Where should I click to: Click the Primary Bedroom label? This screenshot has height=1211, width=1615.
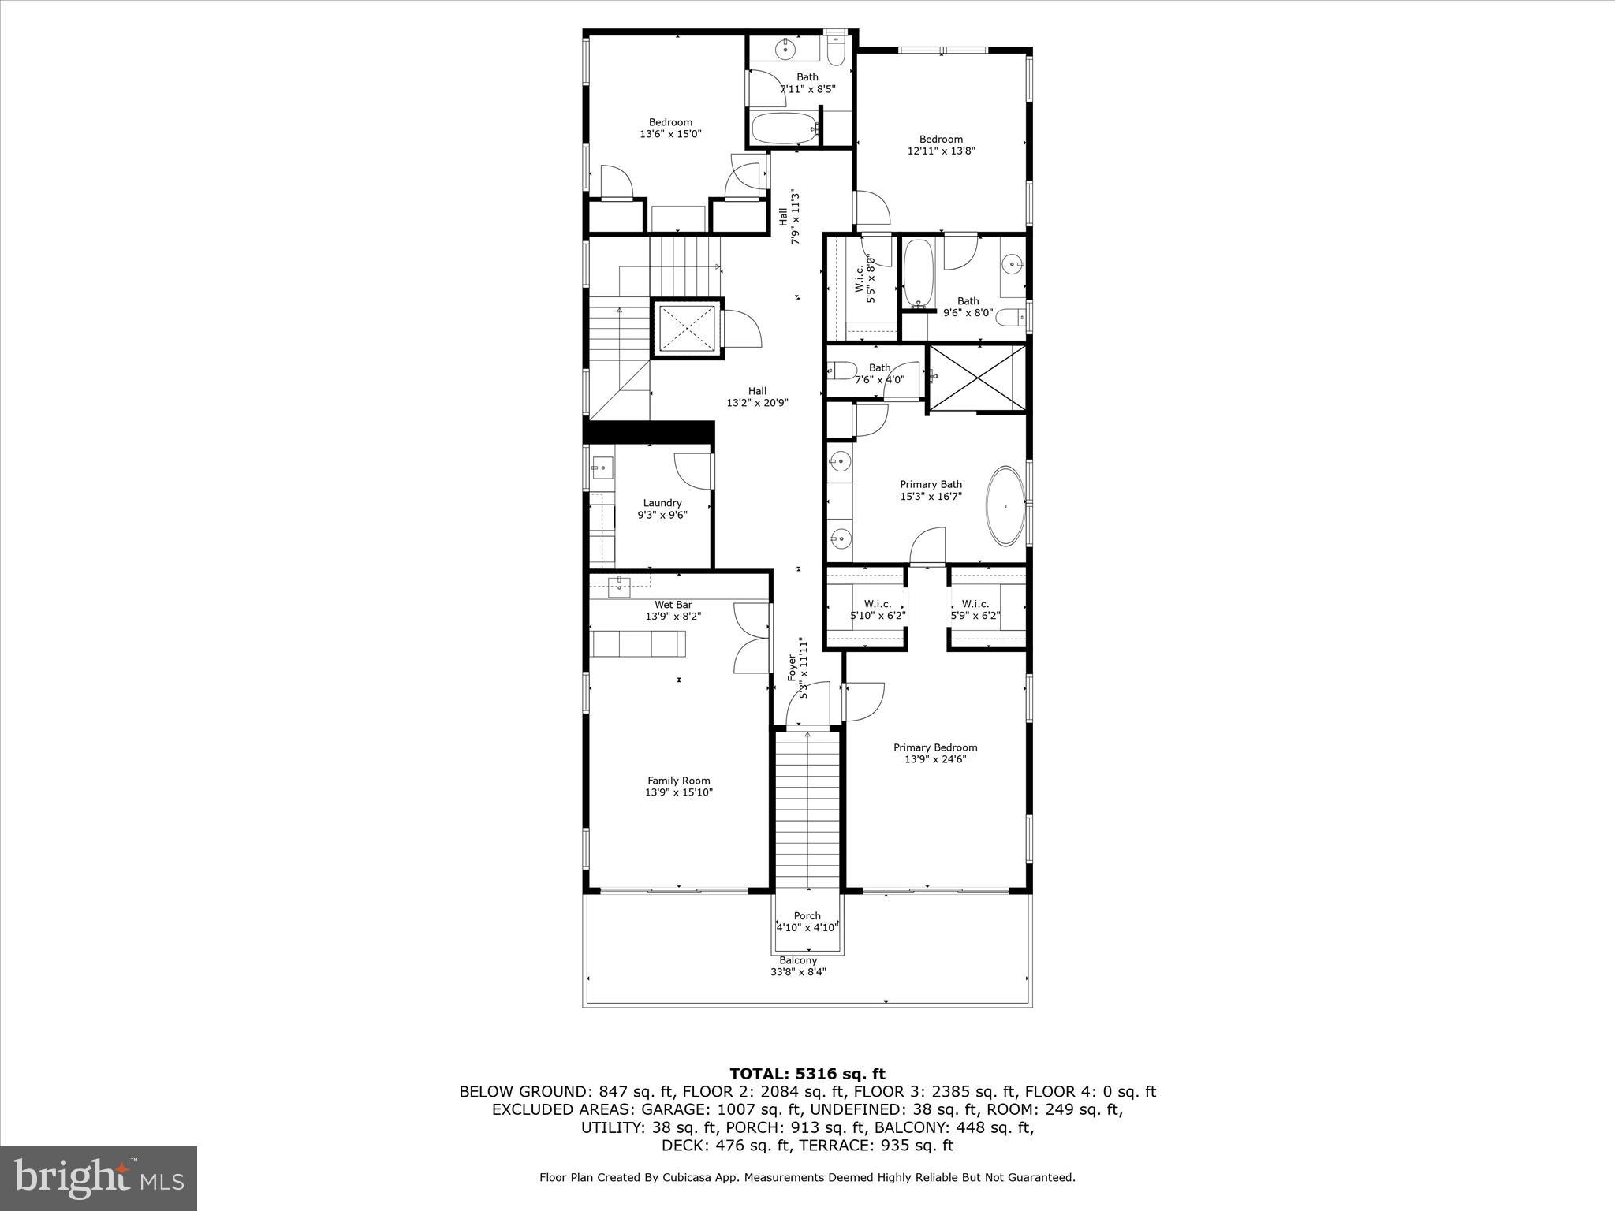pyautogui.click(x=934, y=747)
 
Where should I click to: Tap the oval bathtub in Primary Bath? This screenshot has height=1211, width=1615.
pyautogui.click(x=1005, y=506)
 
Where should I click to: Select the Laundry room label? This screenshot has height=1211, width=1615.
pyautogui.click(x=662, y=503)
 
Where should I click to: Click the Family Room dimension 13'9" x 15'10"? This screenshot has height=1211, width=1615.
pyautogui.click(x=678, y=792)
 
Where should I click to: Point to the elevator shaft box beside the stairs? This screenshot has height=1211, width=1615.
pyautogui.click(x=686, y=328)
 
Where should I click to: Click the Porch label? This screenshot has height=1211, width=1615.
pyautogui.click(x=807, y=915)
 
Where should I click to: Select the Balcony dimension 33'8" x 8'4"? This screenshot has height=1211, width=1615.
pyautogui.click(x=798, y=972)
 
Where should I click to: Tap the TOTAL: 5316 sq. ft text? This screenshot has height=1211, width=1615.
pyautogui.click(x=807, y=1074)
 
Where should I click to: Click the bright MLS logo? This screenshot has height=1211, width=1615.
pyautogui.click(x=99, y=1178)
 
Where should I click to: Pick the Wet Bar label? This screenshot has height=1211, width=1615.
pyautogui.click(x=673, y=605)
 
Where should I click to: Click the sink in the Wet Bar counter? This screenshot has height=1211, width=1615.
pyautogui.click(x=619, y=586)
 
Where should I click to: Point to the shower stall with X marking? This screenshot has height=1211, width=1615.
pyautogui.click(x=978, y=378)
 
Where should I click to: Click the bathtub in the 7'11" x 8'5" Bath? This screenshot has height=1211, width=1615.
pyautogui.click(x=783, y=129)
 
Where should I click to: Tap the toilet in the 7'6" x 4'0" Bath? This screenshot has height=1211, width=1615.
pyautogui.click(x=841, y=370)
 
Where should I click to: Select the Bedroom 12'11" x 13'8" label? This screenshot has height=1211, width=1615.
pyautogui.click(x=941, y=140)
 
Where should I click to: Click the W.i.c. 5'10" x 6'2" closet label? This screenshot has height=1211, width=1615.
pyautogui.click(x=876, y=604)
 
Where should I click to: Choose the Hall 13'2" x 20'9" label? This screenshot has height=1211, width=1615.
pyautogui.click(x=757, y=391)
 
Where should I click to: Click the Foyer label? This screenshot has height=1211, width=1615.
pyautogui.click(x=793, y=668)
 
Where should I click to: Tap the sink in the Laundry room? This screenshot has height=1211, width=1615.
pyautogui.click(x=602, y=468)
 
